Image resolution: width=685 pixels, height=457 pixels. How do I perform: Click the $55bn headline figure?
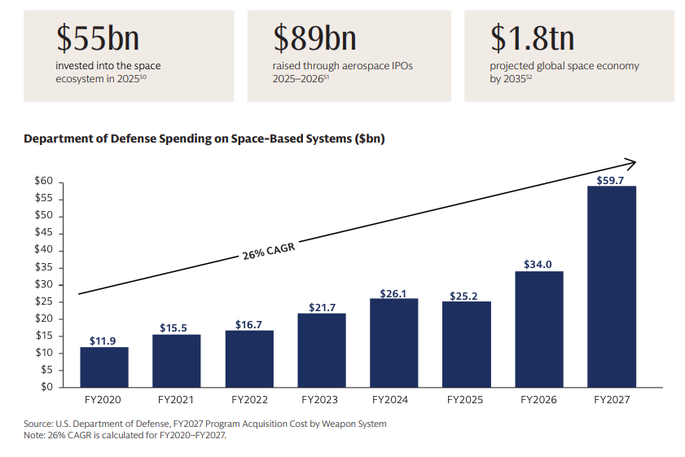[x=98, y=38]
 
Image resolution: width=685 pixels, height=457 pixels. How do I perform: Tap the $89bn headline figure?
[x=314, y=38]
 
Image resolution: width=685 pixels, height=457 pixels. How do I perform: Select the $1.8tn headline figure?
[x=532, y=38]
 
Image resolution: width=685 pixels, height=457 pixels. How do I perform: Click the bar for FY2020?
[x=104, y=367]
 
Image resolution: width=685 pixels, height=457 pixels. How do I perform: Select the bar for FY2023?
[x=322, y=350]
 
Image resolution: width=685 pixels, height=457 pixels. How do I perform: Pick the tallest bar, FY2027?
[x=612, y=287]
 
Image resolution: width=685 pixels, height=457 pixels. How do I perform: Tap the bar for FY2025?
[x=467, y=345]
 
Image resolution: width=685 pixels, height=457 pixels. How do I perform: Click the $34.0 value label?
[x=538, y=264]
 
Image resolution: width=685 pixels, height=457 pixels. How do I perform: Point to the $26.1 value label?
[x=393, y=293]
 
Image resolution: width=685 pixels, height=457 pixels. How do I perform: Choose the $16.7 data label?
[x=248, y=324]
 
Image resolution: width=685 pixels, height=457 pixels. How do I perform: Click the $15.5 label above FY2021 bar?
[x=173, y=327]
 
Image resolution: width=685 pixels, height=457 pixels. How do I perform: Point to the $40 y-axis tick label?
[x=44, y=249]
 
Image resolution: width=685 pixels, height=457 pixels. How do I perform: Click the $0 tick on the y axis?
[x=46, y=387]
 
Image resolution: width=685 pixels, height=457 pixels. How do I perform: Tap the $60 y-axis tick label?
[x=44, y=181]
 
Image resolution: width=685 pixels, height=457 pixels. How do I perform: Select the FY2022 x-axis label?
[x=249, y=400]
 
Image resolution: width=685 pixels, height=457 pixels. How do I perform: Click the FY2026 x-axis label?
[x=538, y=400]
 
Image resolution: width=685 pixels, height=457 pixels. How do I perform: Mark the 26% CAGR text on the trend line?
[x=269, y=251]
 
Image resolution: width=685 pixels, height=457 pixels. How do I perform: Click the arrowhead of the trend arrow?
[x=631, y=164]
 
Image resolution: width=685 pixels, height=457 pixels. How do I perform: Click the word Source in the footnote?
[x=37, y=424]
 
